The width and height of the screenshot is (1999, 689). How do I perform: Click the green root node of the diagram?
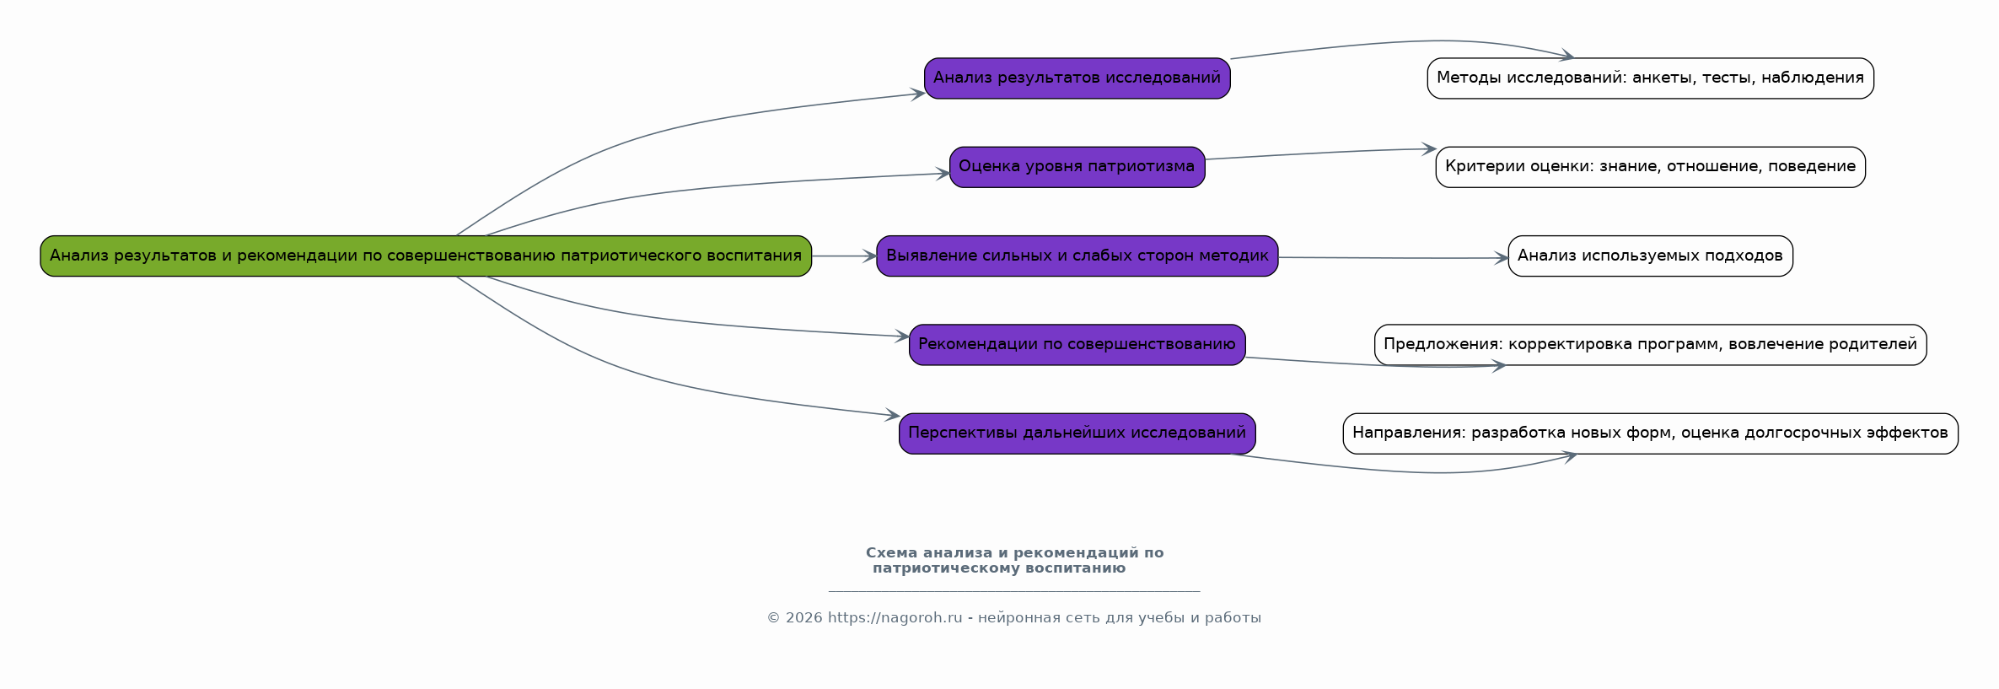pyautogui.click(x=426, y=256)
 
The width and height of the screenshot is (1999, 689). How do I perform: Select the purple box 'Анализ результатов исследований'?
pyautogui.click(x=1077, y=78)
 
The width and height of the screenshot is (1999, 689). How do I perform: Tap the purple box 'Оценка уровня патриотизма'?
pyautogui.click(x=1077, y=167)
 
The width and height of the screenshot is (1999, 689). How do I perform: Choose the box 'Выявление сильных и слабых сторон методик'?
pyautogui.click(x=1077, y=256)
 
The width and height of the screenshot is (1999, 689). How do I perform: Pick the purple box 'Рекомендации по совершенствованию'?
pyautogui.click(x=1077, y=344)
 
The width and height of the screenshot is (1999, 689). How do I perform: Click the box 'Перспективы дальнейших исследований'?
pyautogui.click(x=1077, y=433)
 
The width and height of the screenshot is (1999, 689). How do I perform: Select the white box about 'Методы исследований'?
pyautogui.click(x=1650, y=78)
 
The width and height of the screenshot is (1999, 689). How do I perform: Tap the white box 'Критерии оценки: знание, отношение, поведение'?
pyautogui.click(x=1650, y=167)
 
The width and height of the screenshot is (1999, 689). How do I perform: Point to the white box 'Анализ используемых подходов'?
pyautogui.click(x=1650, y=256)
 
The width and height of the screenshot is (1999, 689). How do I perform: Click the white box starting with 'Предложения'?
pyautogui.click(x=1650, y=344)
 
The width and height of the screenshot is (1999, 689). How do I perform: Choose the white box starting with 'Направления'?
pyautogui.click(x=1650, y=433)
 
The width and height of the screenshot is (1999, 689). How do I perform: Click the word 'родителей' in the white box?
pyautogui.click(x=1878, y=344)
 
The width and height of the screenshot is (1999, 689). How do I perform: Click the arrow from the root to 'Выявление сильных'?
pyautogui.click(x=843, y=256)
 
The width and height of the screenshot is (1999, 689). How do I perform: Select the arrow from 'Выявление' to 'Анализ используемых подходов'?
pyautogui.click(x=1391, y=258)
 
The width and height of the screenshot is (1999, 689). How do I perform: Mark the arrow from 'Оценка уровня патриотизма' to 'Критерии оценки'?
pyautogui.click(x=1319, y=153)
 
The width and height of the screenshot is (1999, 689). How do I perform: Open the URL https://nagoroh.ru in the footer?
pyautogui.click(x=895, y=618)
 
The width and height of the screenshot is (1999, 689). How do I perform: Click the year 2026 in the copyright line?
pyautogui.click(x=803, y=618)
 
